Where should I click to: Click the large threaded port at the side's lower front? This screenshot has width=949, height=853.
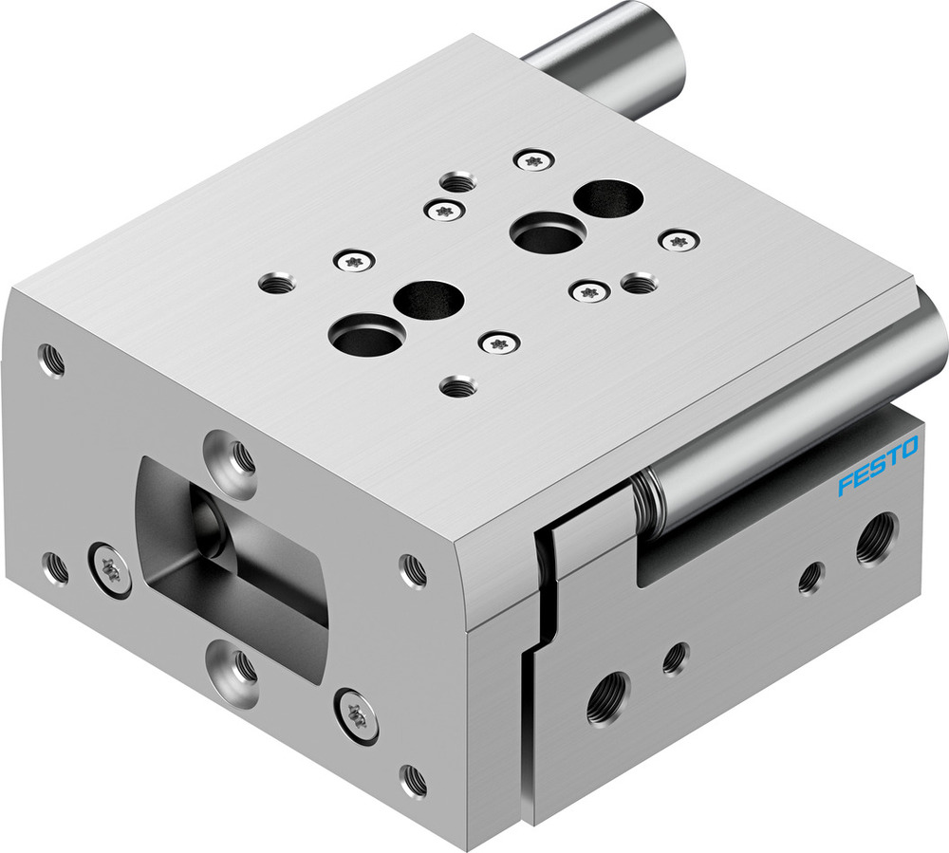tap(607, 699)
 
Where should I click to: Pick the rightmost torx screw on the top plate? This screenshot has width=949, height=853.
tap(676, 241)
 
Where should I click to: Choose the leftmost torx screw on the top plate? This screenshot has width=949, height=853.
tap(355, 258)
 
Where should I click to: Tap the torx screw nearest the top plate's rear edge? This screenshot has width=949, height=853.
tap(533, 160)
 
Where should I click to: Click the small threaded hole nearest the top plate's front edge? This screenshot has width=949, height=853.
tap(459, 385)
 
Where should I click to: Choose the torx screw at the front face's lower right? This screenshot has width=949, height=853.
tap(358, 714)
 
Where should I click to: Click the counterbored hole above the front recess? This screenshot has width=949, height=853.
tap(234, 455)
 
